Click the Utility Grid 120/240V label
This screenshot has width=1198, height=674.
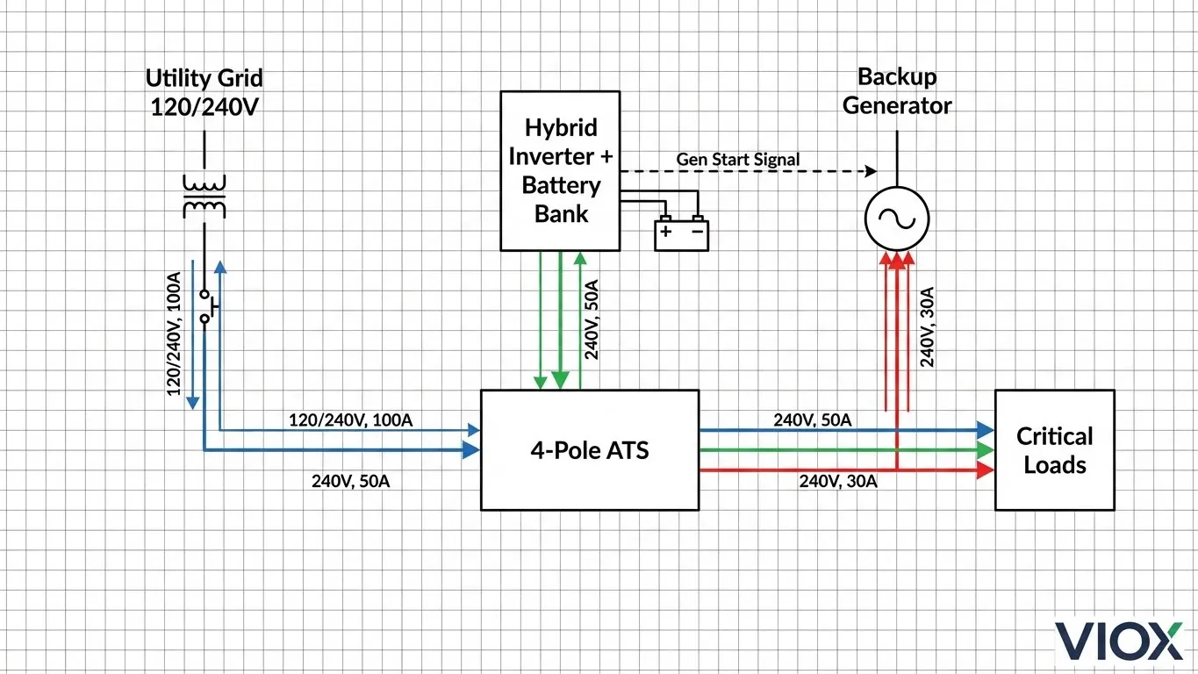click(204, 92)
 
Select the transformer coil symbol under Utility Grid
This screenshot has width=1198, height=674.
click(204, 196)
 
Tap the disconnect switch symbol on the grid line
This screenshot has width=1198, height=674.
click(206, 306)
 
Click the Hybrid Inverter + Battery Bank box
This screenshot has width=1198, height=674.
click(560, 170)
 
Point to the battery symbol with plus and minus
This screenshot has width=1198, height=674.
click(681, 233)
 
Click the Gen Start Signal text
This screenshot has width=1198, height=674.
click(738, 160)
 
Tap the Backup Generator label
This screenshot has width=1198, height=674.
click(896, 91)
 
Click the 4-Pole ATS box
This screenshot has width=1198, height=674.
click(590, 450)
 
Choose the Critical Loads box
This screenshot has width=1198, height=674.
click(1054, 450)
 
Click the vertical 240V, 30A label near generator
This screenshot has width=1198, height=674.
click(927, 326)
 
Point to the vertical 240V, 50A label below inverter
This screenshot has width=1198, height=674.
click(592, 319)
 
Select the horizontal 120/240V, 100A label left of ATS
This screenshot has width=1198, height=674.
click(350, 420)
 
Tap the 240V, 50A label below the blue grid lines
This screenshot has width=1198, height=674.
click(351, 481)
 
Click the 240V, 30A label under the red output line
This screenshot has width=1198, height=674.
click(837, 481)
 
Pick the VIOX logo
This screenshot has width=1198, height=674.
click(1118, 641)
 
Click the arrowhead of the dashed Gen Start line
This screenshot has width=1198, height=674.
click(872, 170)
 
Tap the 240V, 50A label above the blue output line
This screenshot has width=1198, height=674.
click(812, 420)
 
